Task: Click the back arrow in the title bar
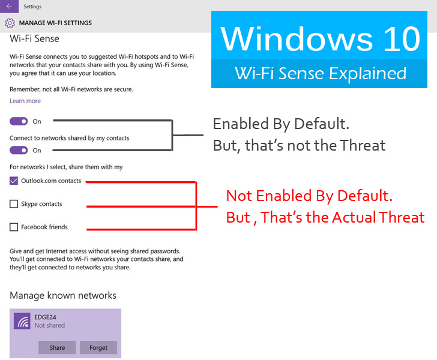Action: [8, 6]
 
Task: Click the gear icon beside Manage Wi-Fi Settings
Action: [10, 23]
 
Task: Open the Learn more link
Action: [25, 101]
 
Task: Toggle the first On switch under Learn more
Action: [19, 121]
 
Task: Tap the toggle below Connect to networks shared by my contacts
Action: [19, 150]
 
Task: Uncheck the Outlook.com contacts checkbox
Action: [14, 181]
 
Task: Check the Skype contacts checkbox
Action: [14, 204]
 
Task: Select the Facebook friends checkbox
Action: [14, 227]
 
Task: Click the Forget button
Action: [98, 347]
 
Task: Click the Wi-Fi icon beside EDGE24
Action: [22, 322]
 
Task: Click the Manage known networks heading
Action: [63, 295]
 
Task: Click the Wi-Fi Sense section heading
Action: [34, 38]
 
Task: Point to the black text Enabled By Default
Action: [281, 125]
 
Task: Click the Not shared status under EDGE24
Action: [49, 326]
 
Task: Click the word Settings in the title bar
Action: [32, 7]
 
